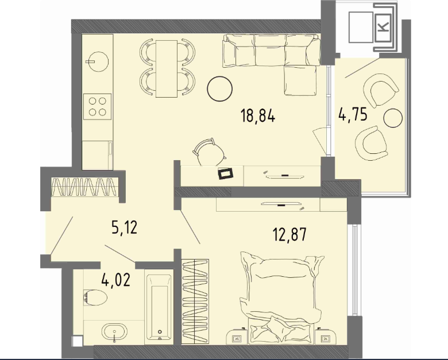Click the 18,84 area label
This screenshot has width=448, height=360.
pos(258,116)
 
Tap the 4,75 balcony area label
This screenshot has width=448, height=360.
pos(353,115)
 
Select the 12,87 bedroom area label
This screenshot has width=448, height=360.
pos(289,235)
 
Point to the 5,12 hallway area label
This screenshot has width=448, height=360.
pos(124,228)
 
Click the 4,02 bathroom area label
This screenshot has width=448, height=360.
pos(116,280)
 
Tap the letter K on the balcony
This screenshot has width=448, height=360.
pos(383,26)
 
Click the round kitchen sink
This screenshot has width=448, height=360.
pos(98,61)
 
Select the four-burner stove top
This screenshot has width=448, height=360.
pos(98,107)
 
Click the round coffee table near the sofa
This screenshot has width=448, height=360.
pos(220,88)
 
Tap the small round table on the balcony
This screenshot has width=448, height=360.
pos(393,118)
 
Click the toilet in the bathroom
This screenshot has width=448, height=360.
pos(95,298)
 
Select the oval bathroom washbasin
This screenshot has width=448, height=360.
pos(114,332)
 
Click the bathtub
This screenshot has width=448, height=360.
pos(159,307)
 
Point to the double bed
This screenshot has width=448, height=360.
pos(282,299)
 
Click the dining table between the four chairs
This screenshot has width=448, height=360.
pos(167,69)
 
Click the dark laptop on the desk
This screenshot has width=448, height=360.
pos(226,173)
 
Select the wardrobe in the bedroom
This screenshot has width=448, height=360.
pos(195,301)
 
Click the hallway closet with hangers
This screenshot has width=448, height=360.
pos(84,187)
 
